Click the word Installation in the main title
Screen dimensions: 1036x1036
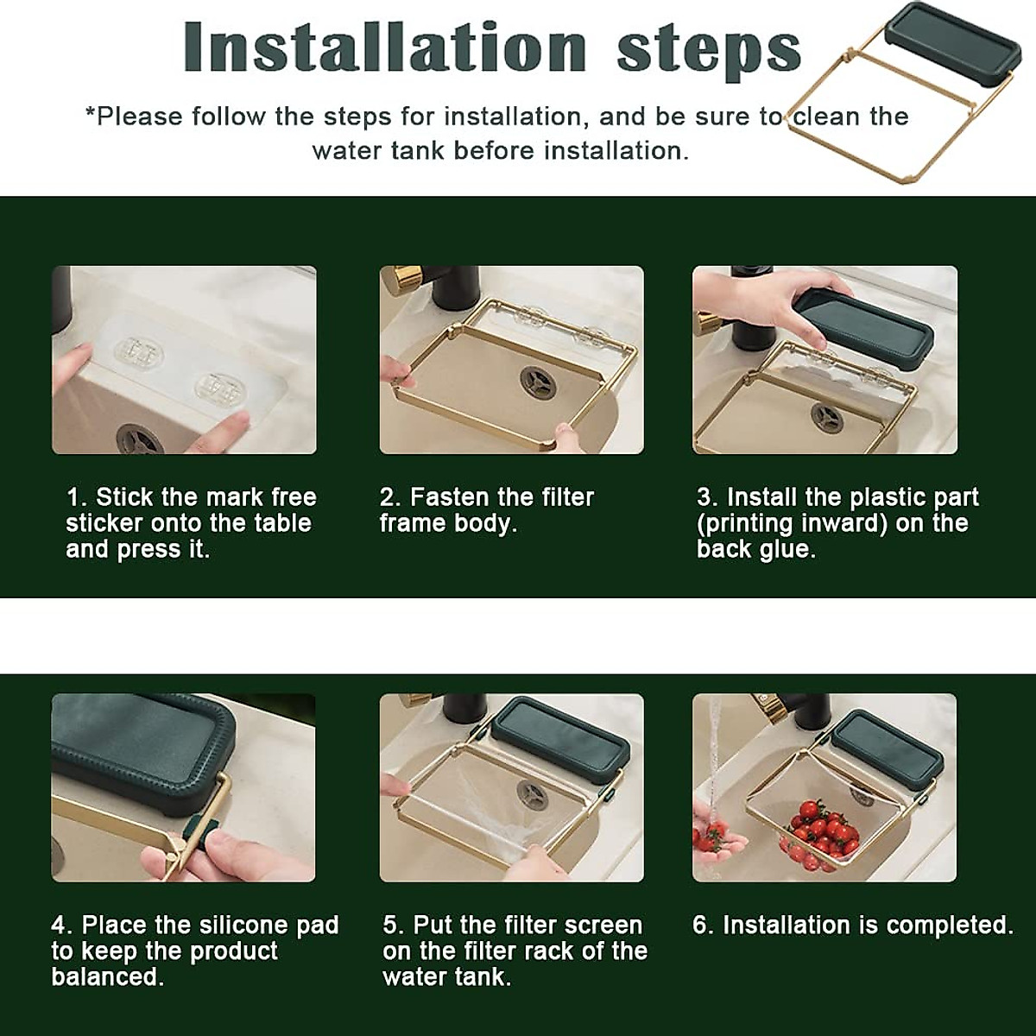[385, 47]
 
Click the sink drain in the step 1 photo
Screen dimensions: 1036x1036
[141, 439]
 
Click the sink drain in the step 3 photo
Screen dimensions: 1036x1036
[827, 417]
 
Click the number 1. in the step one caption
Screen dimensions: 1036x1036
[76, 497]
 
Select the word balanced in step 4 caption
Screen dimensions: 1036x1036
[107, 976]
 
